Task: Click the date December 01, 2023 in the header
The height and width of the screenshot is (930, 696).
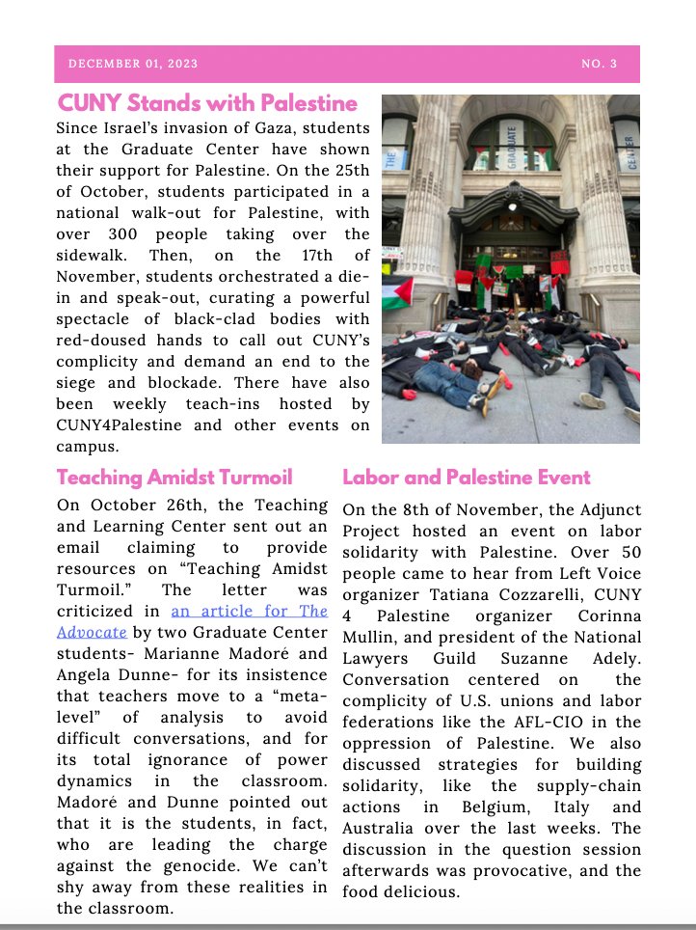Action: click(x=133, y=64)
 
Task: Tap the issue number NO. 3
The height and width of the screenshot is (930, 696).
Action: click(x=599, y=64)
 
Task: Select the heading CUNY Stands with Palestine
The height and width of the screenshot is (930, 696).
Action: click(x=207, y=103)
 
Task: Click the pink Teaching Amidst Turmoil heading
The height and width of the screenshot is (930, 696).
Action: click(x=174, y=477)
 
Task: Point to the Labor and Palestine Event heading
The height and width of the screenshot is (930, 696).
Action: click(x=466, y=477)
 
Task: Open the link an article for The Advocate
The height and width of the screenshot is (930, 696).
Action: click(x=250, y=611)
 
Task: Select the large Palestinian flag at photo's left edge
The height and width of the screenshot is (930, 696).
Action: click(x=396, y=291)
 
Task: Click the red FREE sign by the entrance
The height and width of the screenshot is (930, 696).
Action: click(x=560, y=260)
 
